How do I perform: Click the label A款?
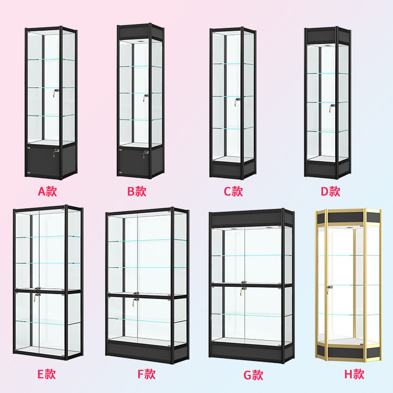click(x=48, y=191)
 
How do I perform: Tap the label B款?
click(x=137, y=191)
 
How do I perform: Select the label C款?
click(x=233, y=191)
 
